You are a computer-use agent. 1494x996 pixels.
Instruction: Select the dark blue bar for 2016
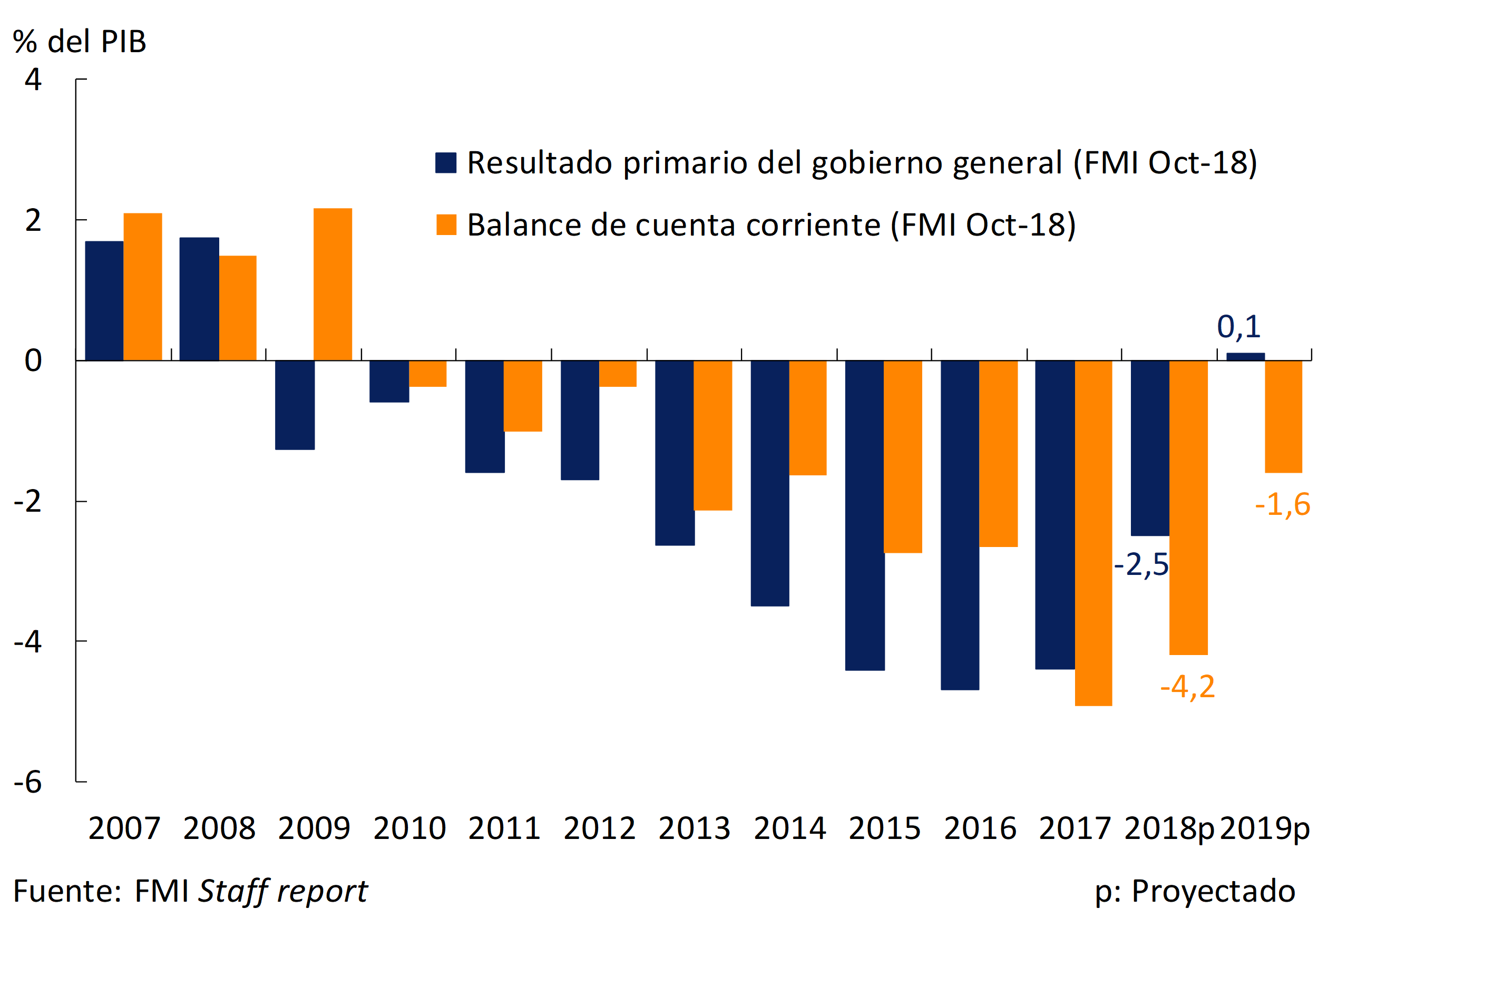click(960, 525)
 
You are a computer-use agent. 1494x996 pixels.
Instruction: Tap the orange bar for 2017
click(1093, 533)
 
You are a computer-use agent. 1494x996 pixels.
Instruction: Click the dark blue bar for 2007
click(104, 301)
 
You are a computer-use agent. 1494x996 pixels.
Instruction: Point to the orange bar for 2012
click(618, 374)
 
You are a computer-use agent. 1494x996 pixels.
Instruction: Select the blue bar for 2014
click(770, 483)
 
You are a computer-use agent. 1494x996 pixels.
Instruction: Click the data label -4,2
click(1187, 687)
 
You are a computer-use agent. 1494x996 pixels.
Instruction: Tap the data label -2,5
click(1141, 565)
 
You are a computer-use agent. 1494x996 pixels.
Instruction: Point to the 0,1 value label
click(1238, 327)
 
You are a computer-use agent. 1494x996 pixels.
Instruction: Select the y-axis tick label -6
click(28, 783)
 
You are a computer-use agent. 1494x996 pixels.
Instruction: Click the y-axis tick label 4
click(33, 80)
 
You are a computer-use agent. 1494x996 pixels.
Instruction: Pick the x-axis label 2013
click(694, 828)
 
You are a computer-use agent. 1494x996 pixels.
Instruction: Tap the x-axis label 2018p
click(1169, 828)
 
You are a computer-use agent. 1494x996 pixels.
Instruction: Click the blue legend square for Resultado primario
click(446, 163)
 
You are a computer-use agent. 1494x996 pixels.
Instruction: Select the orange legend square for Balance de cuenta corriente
click(446, 225)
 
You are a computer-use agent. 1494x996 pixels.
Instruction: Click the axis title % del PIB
click(80, 42)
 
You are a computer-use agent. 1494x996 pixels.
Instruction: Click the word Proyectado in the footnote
click(1213, 891)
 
